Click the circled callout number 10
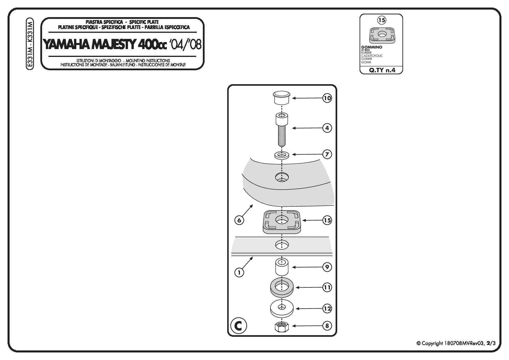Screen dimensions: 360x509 (x=327, y=98)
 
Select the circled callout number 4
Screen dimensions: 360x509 (x=327, y=128)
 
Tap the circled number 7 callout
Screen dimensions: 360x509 (x=327, y=154)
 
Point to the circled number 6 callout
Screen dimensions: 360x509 (x=239, y=220)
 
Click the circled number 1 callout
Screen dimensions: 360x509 (x=239, y=272)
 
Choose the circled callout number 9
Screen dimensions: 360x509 (x=327, y=267)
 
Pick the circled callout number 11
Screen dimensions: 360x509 (x=327, y=287)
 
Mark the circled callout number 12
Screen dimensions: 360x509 (x=327, y=308)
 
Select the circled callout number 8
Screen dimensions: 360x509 (x=327, y=326)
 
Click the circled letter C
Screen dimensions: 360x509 (x=239, y=326)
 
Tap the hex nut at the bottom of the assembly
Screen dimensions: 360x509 (x=281, y=327)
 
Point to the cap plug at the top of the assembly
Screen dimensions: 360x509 (x=281, y=98)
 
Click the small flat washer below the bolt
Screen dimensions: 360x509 (x=281, y=155)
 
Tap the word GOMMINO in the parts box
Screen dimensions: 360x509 (x=371, y=47)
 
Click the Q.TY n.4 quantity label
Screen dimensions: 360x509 (x=382, y=70)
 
